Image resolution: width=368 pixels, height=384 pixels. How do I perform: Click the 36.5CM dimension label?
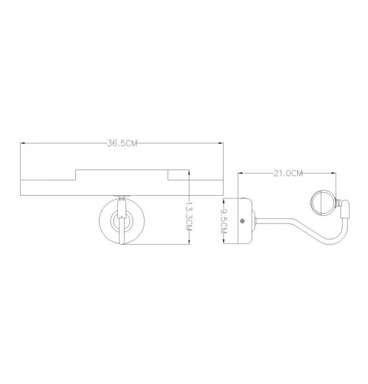click(x=122, y=144)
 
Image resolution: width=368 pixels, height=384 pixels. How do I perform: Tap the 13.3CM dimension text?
click(x=189, y=216)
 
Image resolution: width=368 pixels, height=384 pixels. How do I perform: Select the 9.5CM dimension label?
click(x=224, y=221)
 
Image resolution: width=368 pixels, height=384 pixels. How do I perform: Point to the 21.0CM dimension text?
click(x=288, y=174)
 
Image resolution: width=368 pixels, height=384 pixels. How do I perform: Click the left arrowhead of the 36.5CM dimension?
click(x=23, y=144)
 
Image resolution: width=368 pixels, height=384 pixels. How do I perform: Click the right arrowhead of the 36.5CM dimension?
click(x=221, y=144)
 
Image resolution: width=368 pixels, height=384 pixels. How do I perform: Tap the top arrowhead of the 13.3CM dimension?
click(x=189, y=172)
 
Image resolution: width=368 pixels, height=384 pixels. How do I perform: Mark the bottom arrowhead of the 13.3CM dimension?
click(x=189, y=242)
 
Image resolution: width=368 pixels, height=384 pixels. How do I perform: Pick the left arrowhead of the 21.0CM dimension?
click(x=241, y=174)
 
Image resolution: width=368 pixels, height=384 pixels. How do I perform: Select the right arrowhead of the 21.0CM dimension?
click(x=333, y=174)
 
